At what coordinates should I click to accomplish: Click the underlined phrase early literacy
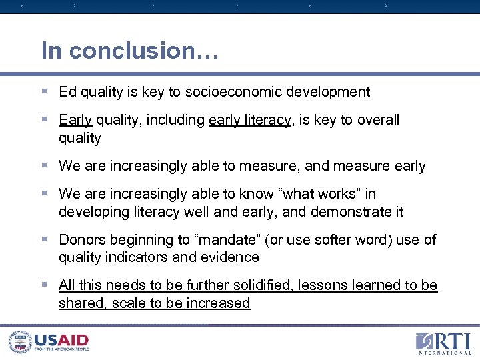[250, 120]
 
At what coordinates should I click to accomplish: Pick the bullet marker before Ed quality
[45, 92]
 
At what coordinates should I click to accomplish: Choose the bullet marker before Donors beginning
[45, 240]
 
